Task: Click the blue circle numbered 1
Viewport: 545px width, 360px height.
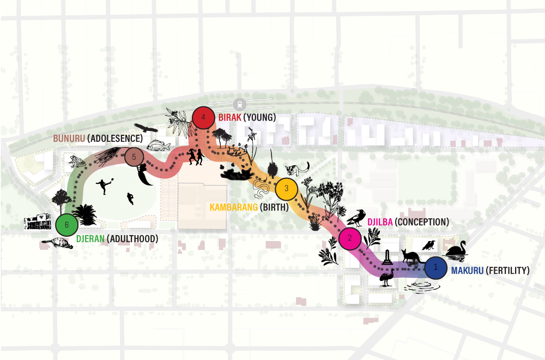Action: [x=435, y=267]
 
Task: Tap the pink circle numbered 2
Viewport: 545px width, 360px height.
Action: [x=350, y=238]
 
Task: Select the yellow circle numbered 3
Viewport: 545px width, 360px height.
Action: [x=286, y=189]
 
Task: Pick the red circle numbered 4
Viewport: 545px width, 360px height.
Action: [x=203, y=117]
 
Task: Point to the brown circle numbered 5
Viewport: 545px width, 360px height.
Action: [x=134, y=158]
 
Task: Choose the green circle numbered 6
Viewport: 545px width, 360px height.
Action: [x=66, y=224]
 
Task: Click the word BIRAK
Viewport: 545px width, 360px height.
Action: [x=229, y=117]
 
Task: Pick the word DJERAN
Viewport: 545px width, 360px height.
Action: [x=90, y=238]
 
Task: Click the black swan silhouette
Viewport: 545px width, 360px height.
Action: [x=457, y=249]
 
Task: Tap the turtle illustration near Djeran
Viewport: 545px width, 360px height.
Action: [x=57, y=243]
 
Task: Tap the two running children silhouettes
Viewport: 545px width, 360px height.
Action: [x=196, y=157]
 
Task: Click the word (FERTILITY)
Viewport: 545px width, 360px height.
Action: [x=507, y=270]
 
